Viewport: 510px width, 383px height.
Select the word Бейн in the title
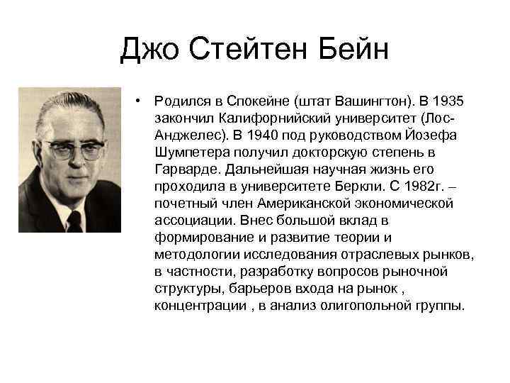pyautogui.click(x=353, y=50)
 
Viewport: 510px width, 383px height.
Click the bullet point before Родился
pyautogui.click(x=142, y=101)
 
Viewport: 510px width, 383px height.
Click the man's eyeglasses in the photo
pyautogui.click(x=74, y=148)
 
